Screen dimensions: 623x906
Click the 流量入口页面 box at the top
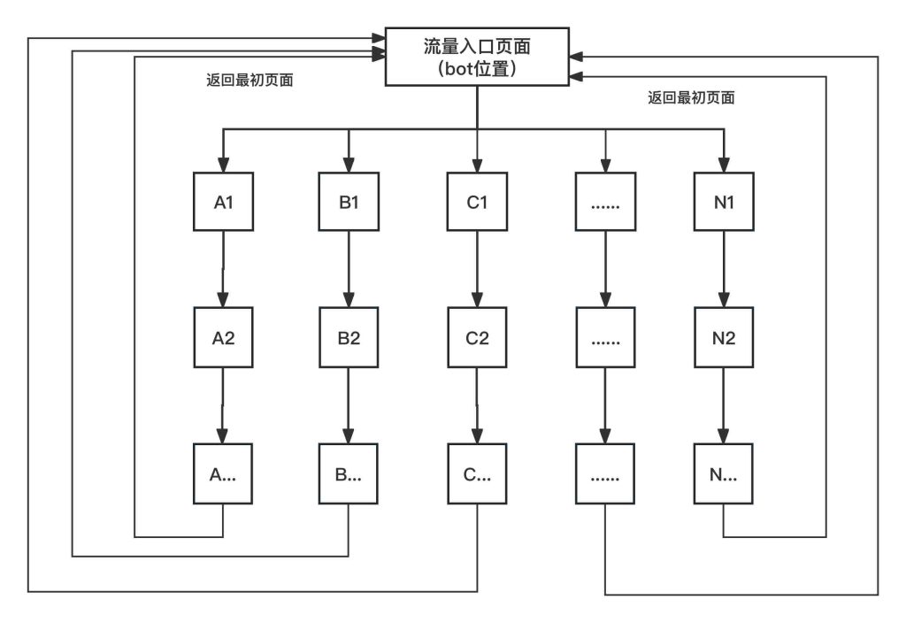pyautogui.click(x=477, y=56)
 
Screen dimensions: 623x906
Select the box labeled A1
pyautogui.click(x=223, y=202)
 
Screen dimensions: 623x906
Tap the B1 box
pyautogui.click(x=349, y=202)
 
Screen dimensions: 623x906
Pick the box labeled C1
pyautogui.click(x=477, y=202)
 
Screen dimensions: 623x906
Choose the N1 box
pyautogui.click(x=725, y=202)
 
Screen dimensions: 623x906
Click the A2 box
pyautogui.click(x=223, y=337)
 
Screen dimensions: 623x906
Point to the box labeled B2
pyautogui.click(x=349, y=337)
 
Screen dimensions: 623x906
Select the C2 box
pyautogui.click(x=477, y=337)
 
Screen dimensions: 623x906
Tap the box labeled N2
pyautogui.click(x=725, y=337)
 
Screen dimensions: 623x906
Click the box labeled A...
pyautogui.click(x=223, y=473)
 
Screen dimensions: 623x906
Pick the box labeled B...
pyautogui.click(x=349, y=473)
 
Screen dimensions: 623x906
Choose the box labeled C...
pyautogui.click(x=477, y=473)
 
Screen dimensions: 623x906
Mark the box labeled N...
pyautogui.click(x=725, y=473)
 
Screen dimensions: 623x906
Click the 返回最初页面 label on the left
pyautogui.click(x=250, y=80)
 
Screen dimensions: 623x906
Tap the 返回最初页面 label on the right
pyautogui.click(x=691, y=98)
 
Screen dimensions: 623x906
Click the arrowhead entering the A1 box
pyautogui.click(x=223, y=165)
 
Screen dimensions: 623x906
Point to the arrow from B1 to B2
pyautogui.click(x=349, y=269)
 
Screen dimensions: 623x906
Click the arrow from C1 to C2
pyautogui.click(x=477, y=269)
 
